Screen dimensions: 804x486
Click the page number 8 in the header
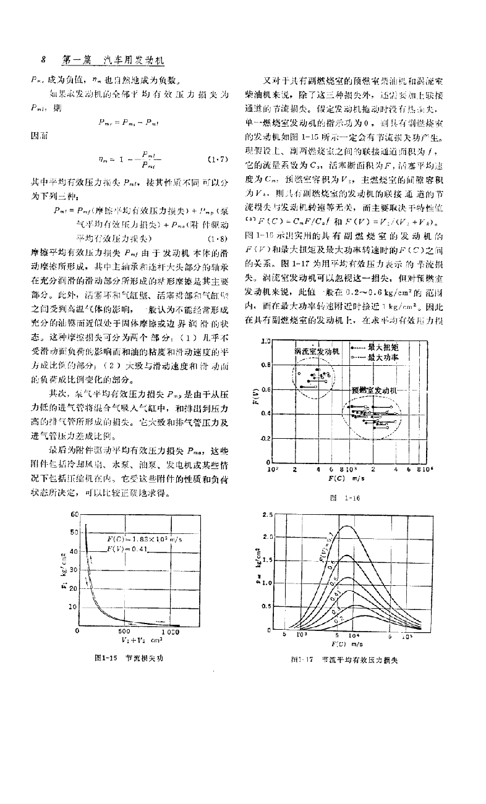tap(43, 61)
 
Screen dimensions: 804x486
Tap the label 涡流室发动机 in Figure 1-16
tap(318, 351)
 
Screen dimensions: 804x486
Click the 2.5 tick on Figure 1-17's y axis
tap(267, 515)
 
